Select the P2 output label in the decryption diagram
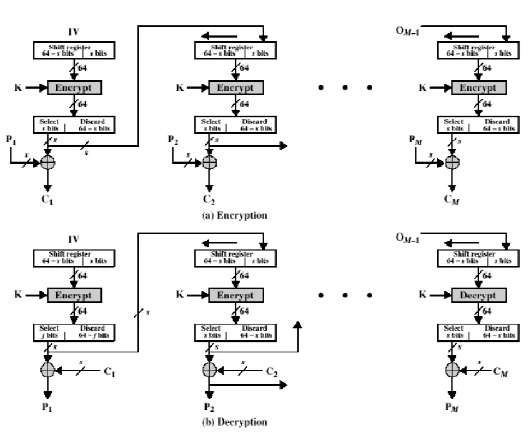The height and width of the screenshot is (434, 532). [209, 408]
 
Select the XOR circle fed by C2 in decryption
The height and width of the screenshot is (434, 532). [209, 370]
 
